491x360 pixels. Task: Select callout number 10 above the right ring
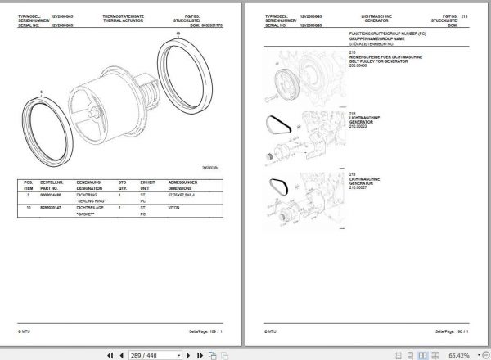pos(178,33)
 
